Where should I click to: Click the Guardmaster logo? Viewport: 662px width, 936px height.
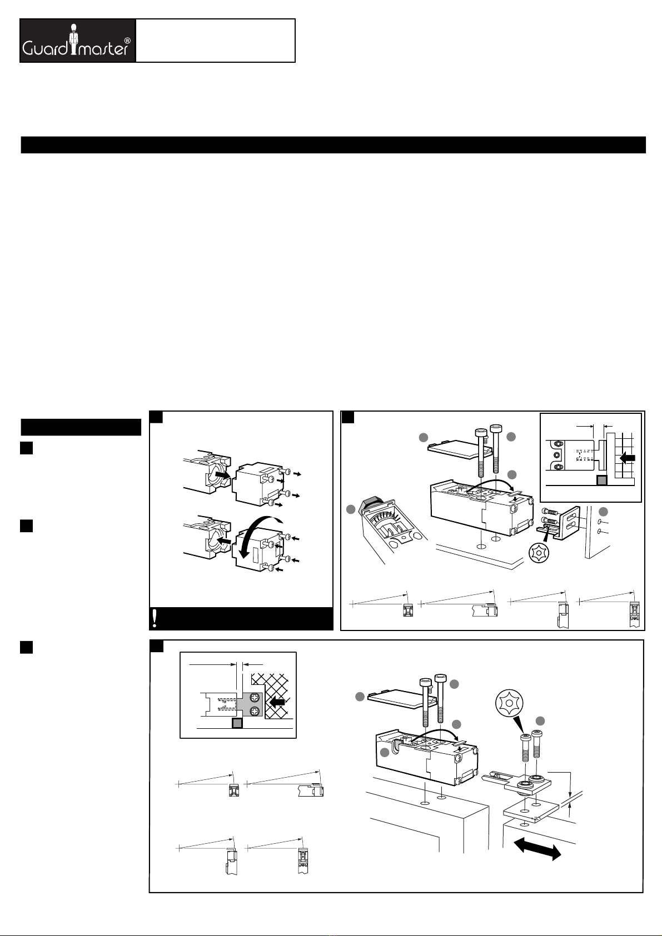tap(78, 41)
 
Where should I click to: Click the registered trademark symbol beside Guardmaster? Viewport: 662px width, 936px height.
tap(127, 41)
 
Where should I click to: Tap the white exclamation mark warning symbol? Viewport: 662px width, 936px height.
tap(155, 618)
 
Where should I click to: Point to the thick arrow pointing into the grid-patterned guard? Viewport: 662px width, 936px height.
tap(628, 458)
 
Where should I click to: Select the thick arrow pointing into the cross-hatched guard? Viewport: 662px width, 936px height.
tap(277, 703)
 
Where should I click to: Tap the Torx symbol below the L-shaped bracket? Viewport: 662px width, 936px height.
tap(539, 553)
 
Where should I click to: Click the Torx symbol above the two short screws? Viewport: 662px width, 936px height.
tap(509, 703)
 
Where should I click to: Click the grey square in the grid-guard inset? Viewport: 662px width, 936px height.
tap(601, 480)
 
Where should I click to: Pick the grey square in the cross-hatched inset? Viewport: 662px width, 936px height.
tap(237, 723)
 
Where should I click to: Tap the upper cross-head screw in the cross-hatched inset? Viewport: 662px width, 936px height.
tap(255, 697)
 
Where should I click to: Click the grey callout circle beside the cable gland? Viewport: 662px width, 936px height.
tap(350, 509)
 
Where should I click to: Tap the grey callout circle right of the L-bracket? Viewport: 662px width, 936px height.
tap(603, 512)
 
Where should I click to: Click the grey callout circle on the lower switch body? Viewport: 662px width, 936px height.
tap(385, 753)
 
